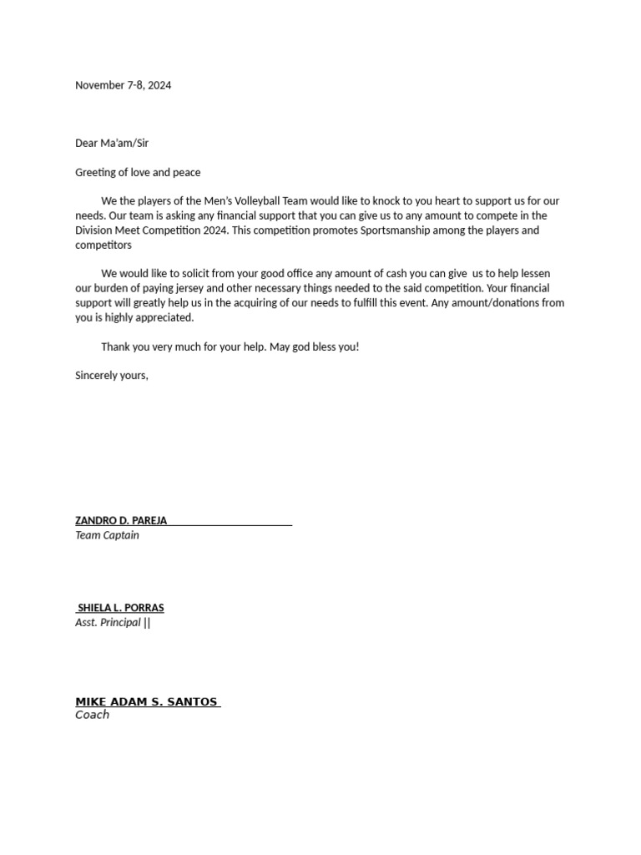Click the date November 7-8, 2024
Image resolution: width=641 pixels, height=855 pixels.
pyautogui.click(x=124, y=85)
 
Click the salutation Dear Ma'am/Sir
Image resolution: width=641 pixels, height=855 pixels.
pyautogui.click(x=112, y=143)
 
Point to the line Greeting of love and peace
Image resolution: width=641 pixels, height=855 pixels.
pyautogui.click(x=138, y=172)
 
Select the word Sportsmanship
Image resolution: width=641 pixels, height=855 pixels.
pyautogui.click(x=408, y=230)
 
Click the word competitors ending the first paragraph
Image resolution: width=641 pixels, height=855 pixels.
pyautogui.click(x=103, y=245)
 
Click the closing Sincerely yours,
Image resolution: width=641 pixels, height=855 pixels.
pyautogui.click(x=112, y=376)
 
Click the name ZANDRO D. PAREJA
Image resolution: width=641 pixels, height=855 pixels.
pyautogui.click(x=121, y=520)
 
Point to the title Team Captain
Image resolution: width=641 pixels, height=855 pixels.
pyautogui.click(x=107, y=535)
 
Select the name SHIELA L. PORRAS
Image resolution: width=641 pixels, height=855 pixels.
pyautogui.click(x=121, y=608)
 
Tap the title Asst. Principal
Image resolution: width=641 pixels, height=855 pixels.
pyautogui.click(x=108, y=623)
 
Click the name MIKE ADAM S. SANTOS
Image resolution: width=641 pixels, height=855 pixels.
pyautogui.click(x=146, y=702)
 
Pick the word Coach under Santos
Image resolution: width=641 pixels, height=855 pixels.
pyautogui.click(x=92, y=715)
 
